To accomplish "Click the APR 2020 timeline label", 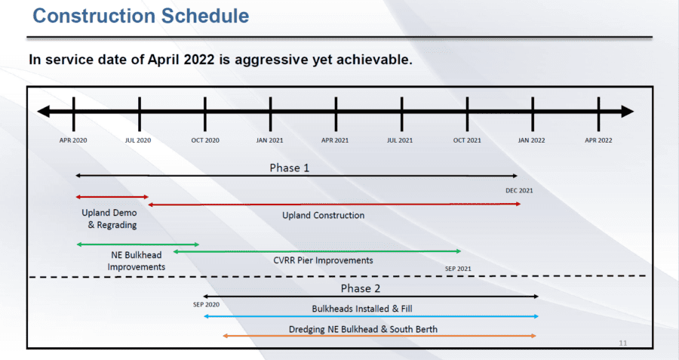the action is (73, 140).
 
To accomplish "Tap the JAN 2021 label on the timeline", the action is (269, 140).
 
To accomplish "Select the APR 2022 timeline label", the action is (598, 140).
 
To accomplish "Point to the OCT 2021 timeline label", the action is (467, 140).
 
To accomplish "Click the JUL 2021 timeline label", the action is (400, 140).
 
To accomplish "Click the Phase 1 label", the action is (289, 168).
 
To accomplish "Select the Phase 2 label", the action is (361, 288).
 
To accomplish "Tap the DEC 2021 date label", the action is (519, 191).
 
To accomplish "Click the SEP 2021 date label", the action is (458, 269).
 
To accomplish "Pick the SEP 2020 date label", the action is (206, 305).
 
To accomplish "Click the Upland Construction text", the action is (323, 215).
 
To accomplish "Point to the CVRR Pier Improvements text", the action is (323, 260).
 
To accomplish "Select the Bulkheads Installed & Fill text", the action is (362, 309).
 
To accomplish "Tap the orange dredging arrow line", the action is (379, 336).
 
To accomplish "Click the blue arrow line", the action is (371, 316).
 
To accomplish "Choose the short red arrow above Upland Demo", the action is (112, 197).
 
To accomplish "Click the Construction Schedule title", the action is (141, 16).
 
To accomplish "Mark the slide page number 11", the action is (622, 343).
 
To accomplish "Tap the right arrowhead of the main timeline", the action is (628, 112).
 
